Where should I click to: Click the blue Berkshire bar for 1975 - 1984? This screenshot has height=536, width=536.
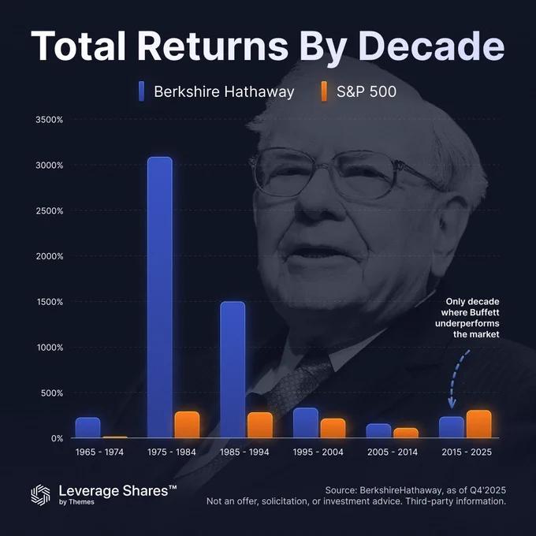[x=160, y=297]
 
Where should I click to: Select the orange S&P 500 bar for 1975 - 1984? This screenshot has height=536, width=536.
[x=187, y=425]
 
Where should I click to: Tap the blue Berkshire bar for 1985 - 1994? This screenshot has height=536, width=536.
[x=233, y=370]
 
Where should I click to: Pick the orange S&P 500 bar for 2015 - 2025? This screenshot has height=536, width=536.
[x=479, y=424]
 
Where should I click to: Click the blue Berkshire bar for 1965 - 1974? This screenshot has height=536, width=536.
[x=87, y=427]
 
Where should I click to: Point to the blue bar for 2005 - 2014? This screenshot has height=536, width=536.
[x=378, y=430]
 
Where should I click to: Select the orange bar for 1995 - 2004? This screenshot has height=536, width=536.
[x=333, y=428]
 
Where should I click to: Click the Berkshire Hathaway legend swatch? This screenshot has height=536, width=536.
[x=142, y=91]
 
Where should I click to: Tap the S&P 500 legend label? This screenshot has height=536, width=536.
[x=367, y=91]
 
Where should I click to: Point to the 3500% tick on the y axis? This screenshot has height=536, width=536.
[x=49, y=120]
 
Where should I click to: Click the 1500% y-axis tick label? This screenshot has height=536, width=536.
[x=50, y=302]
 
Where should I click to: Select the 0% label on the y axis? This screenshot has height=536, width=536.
[x=57, y=438]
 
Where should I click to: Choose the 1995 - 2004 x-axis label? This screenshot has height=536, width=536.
[x=318, y=452]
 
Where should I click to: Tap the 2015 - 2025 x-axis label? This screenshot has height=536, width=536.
[x=467, y=452]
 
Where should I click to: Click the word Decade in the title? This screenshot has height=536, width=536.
[x=431, y=46]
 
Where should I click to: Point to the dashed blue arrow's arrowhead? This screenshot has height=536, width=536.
[x=452, y=404]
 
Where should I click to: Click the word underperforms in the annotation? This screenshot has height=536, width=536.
[x=467, y=323]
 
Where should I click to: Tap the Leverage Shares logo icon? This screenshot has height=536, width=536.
[x=41, y=495]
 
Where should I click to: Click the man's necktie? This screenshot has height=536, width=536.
[x=297, y=383]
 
